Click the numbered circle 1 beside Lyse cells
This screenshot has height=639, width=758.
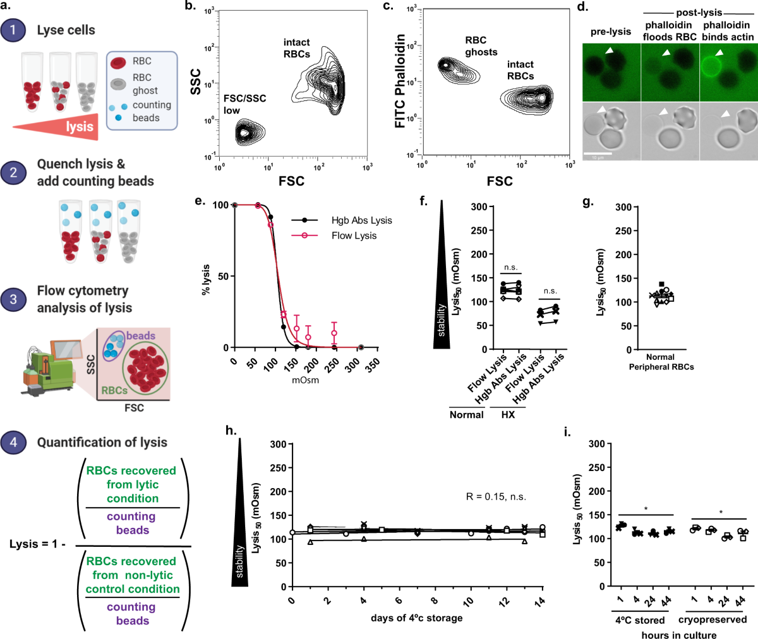pos(13,30)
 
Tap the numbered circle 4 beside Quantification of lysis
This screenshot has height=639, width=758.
pos(13,442)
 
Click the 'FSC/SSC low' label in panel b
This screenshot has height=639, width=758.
pos(244,104)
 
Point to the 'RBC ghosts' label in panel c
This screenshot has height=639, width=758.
pos(481,46)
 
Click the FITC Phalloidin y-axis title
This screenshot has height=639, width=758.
pos(400,81)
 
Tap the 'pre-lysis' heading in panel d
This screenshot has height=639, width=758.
pos(611,32)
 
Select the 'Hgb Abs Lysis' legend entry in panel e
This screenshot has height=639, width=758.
pos(361,220)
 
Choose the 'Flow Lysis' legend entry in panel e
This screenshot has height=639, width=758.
pos(354,236)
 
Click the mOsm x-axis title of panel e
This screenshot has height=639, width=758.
pos(305,380)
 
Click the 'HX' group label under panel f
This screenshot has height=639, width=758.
pos(508,415)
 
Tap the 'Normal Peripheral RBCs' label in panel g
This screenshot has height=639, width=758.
pos(661,362)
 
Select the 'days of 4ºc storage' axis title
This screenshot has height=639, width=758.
pos(416,618)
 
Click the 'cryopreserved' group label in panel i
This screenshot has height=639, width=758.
pos(713,619)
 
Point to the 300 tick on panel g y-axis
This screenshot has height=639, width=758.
pos(623,207)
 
